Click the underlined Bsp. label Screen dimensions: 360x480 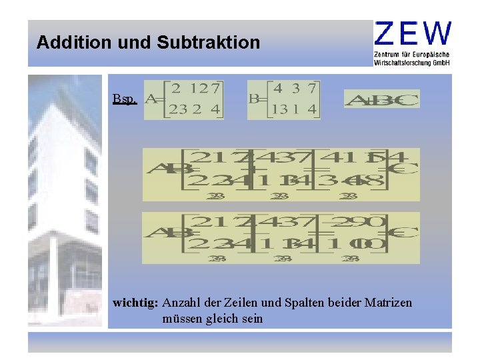point(125,99)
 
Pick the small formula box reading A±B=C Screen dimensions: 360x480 point(382,99)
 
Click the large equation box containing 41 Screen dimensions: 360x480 point(281,174)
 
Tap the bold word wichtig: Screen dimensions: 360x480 point(135,303)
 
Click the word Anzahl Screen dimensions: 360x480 point(181,303)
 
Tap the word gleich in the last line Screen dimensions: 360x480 point(221,319)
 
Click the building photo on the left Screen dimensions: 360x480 point(65,200)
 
